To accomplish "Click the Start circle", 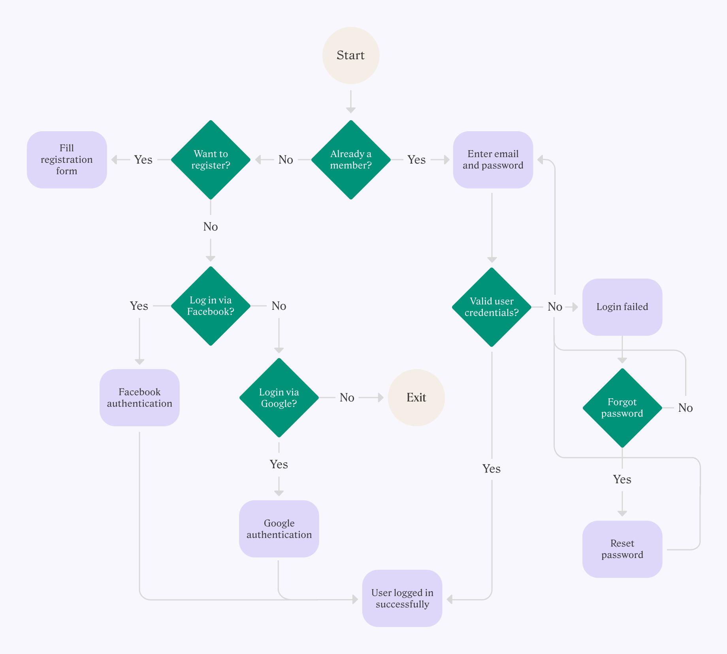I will coord(351,55).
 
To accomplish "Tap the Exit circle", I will coord(416,398).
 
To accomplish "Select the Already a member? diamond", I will coord(351,160).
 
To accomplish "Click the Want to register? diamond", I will coord(211,160).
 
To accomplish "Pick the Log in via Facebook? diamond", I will coord(211,306).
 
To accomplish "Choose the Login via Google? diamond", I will coord(279,398).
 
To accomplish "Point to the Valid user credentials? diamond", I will coord(492,307).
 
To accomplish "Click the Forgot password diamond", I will coord(622,408).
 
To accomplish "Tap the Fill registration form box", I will coord(67,160).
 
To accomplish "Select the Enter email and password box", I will coord(493,160).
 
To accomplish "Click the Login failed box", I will coord(622,307).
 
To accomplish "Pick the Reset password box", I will coord(622,549).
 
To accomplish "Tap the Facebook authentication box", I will coord(139,398).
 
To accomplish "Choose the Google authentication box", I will coord(279,529).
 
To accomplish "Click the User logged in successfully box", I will coord(402,598).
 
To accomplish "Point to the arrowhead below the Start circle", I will coord(351,110).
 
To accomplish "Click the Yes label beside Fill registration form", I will coord(143,160).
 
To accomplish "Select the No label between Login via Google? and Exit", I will coord(347,398).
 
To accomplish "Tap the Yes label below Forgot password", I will coord(622,480).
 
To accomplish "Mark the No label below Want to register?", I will coord(211,227).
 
